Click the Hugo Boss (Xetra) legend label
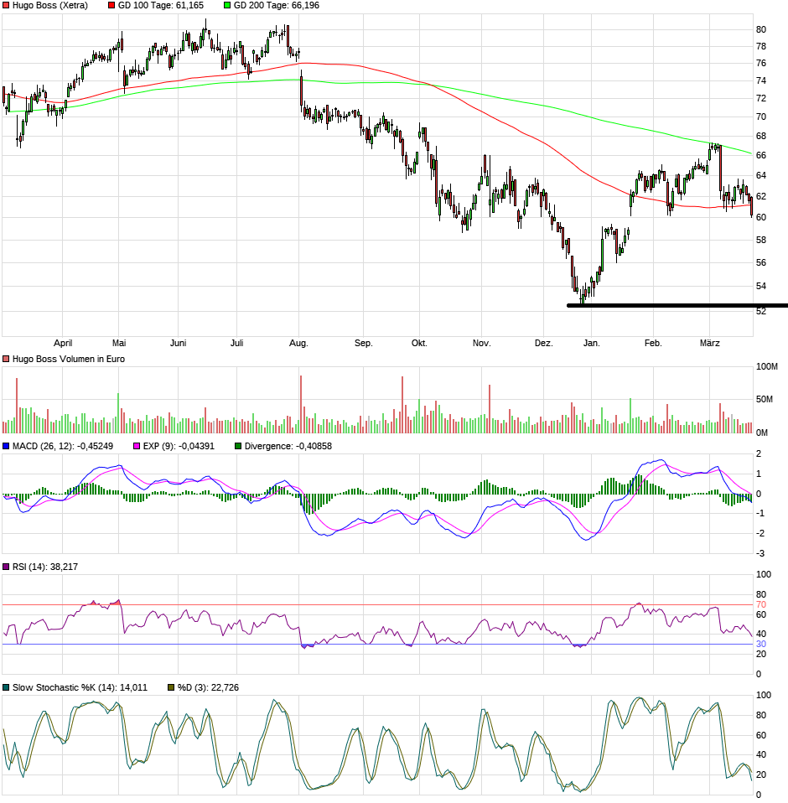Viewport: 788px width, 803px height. (x=49, y=5)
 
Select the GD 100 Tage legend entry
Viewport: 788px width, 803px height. (x=156, y=5)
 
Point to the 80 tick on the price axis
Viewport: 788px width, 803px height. (x=761, y=29)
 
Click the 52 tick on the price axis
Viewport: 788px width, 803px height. (x=761, y=311)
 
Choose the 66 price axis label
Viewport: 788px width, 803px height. (x=761, y=155)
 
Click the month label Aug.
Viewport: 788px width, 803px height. (x=298, y=343)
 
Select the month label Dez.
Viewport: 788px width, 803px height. (x=545, y=343)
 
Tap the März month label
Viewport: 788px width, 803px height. (x=710, y=343)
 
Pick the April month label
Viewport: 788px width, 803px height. (x=63, y=343)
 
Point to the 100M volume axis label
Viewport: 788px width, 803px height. (x=767, y=367)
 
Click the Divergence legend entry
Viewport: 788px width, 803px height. (x=288, y=446)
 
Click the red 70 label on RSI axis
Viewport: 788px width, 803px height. (x=761, y=604)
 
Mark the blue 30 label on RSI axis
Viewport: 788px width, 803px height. (x=761, y=644)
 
